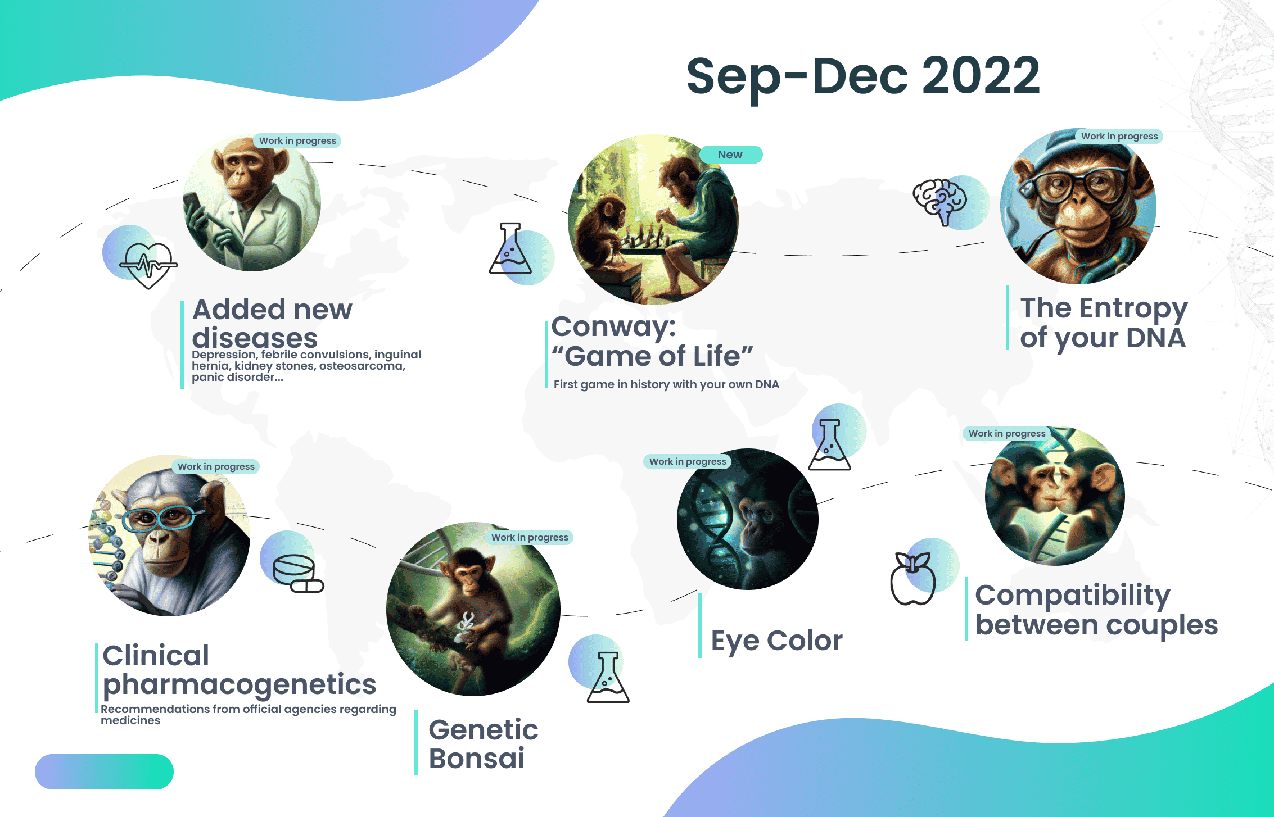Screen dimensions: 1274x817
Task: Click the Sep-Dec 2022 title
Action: tap(863, 76)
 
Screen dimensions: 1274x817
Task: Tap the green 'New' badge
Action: tap(731, 155)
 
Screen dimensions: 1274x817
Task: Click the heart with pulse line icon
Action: tap(148, 265)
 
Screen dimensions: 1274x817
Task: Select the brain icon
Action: tap(939, 201)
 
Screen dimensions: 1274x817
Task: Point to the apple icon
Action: tap(913, 578)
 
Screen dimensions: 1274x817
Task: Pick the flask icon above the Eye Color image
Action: tap(829, 444)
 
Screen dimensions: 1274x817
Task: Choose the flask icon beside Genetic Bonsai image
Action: tap(608, 677)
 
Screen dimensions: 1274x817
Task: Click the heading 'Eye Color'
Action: tap(776, 641)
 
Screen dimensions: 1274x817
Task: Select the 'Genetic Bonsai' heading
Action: tap(484, 744)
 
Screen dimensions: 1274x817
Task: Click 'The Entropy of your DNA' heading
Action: tap(1104, 323)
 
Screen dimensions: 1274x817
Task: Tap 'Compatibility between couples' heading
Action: tap(1096, 610)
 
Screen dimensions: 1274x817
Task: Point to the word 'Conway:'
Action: tap(613, 326)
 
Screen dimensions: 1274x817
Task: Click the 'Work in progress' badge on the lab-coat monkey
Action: tap(297, 140)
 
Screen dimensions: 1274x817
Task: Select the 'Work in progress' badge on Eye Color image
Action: tap(688, 461)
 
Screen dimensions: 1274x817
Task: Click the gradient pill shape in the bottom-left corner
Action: tap(104, 771)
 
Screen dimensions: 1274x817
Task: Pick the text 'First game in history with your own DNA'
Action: tap(666, 384)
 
